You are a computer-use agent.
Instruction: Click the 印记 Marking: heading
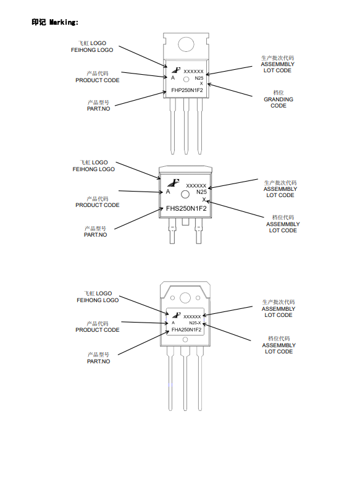(x=55, y=22)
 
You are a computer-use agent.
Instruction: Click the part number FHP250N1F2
(x=187, y=90)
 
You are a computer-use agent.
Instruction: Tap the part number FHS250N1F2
(x=186, y=208)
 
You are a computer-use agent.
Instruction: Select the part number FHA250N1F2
(x=186, y=330)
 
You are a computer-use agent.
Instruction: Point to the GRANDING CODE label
(x=278, y=103)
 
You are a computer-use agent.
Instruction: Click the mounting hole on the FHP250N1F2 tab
(x=186, y=44)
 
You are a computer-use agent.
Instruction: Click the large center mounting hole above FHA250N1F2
(x=185, y=298)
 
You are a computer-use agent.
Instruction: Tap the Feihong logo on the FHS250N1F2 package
(x=174, y=182)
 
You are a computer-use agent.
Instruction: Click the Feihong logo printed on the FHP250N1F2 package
(x=176, y=70)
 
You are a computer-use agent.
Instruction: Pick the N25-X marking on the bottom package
(x=195, y=323)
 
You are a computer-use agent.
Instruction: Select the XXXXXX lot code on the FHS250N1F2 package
(x=196, y=185)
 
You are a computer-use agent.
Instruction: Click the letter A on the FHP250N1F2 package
(x=173, y=78)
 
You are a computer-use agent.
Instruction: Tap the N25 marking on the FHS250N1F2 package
(x=201, y=192)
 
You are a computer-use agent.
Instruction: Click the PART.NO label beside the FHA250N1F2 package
(x=99, y=361)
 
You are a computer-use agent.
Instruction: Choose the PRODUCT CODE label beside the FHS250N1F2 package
(x=98, y=205)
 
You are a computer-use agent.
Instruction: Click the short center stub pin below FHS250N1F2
(x=185, y=222)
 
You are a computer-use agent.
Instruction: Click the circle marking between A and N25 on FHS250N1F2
(x=185, y=195)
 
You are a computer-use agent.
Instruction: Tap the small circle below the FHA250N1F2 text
(x=185, y=340)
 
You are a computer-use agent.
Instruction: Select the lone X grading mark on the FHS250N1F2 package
(x=204, y=200)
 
